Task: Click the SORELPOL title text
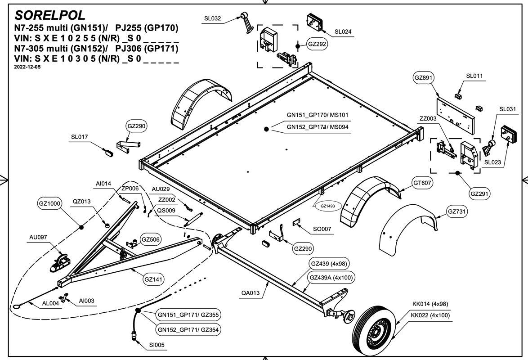pyautogui.click(x=49, y=15)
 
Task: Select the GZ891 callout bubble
pyautogui.click(x=423, y=77)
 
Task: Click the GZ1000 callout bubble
pyautogui.click(x=49, y=203)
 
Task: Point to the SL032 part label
pyautogui.click(x=212, y=18)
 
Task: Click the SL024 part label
pyautogui.click(x=343, y=32)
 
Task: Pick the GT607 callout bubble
pyautogui.click(x=422, y=183)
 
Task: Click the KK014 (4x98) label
pyautogui.click(x=430, y=304)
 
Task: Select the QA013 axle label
pyautogui.click(x=251, y=293)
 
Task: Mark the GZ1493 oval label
pyautogui.click(x=328, y=206)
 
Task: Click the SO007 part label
pyautogui.click(x=322, y=229)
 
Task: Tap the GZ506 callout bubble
pyautogui.click(x=151, y=239)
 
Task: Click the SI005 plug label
pyautogui.click(x=157, y=346)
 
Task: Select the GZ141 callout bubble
pyautogui.click(x=153, y=279)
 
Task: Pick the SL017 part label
pyautogui.click(x=79, y=137)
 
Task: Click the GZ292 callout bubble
pyautogui.click(x=317, y=44)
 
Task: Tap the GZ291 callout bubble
pyautogui.click(x=479, y=194)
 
